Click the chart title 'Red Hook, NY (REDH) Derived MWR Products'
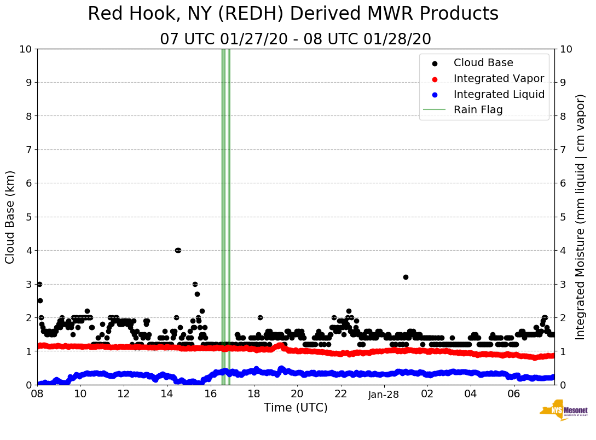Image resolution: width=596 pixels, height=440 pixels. pyautogui.click(x=293, y=14)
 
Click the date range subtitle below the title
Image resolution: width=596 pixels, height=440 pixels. pyautogui.click(x=296, y=39)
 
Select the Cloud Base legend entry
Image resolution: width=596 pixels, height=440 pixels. pyautogui.click(x=483, y=63)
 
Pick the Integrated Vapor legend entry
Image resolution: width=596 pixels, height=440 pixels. pyautogui.click(x=499, y=78)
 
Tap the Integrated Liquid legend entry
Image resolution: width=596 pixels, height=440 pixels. pyautogui.click(x=499, y=94)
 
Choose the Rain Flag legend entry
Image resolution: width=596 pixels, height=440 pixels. pyautogui.click(x=478, y=109)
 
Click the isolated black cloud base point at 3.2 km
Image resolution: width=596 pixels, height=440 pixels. pyautogui.click(x=406, y=277)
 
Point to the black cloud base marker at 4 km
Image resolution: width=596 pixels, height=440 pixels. pyautogui.click(x=177, y=250)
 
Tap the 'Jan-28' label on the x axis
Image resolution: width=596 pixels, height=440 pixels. pyautogui.click(x=384, y=394)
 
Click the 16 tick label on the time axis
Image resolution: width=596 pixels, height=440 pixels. pyautogui.click(x=210, y=394)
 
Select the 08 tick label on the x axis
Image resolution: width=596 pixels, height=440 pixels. pyautogui.click(x=37, y=394)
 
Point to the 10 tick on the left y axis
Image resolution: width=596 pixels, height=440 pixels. pyautogui.click(x=25, y=49)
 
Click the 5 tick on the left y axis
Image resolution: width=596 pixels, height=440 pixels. pyautogui.click(x=28, y=217)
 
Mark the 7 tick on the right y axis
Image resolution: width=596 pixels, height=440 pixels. pyautogui.click(x=563, y=149)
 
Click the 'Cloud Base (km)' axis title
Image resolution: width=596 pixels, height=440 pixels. pyautogui.click(x=10, y=217)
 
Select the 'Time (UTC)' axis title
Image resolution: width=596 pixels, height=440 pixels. pyautogui.click(x=296, y=408)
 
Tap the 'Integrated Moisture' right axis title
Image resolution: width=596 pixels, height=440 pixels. pyautogui.click(x=580, y=217)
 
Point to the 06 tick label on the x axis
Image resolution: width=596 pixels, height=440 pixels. pyautogui.click(x=513, y=394)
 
